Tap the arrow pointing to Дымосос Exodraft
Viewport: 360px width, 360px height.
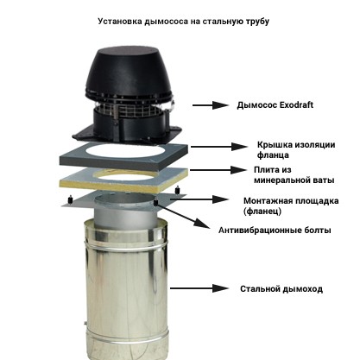click(211, 105)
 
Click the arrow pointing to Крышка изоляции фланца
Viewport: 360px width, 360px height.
click(219, 147)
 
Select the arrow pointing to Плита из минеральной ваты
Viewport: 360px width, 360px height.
click(218, 170)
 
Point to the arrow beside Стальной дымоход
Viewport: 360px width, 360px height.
click(199, 288)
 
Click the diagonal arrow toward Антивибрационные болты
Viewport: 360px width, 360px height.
click(184, 215)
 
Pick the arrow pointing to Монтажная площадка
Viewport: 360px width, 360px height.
click(199, 199)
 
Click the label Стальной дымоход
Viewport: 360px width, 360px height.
click(281, 289)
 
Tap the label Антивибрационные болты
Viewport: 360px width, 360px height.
click(275, 231)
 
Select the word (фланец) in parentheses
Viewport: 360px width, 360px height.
click(262, 212)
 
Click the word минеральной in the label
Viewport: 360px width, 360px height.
click(281, 180)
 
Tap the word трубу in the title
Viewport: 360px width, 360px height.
click(257, 22)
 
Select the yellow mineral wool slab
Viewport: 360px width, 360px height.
click(123, 180)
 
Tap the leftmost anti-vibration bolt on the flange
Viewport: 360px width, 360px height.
click(70, 200)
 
